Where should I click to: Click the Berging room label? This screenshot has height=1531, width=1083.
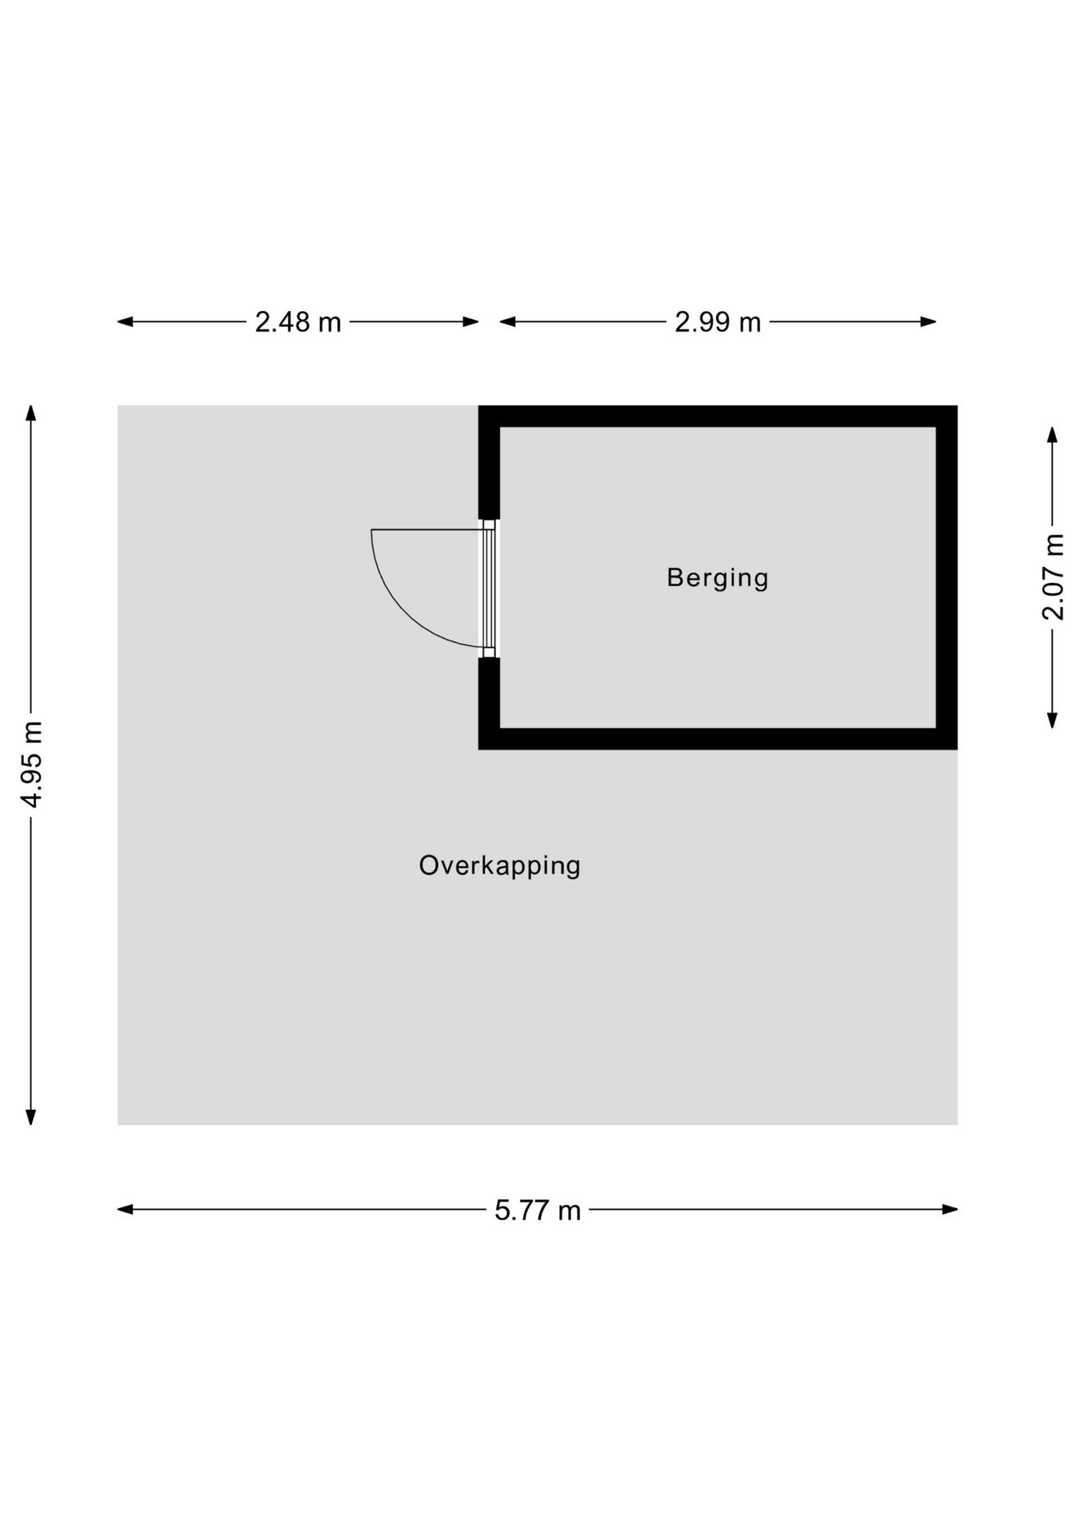click(717, 578)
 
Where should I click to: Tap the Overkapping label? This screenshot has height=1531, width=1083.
click(500, 866)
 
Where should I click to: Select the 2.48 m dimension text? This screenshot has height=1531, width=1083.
click(297, 322)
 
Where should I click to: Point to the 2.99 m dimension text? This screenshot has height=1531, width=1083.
click(718, 322)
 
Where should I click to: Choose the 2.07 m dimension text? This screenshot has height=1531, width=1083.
click(1053, 577)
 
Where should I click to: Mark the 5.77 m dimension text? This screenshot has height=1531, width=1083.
click(538, 1210)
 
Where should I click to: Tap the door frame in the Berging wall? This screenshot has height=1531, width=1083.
click(488, 588)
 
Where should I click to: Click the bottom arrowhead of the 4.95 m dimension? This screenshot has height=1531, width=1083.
click(31, 1116)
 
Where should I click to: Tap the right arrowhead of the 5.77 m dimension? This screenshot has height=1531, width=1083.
click(949, 1209)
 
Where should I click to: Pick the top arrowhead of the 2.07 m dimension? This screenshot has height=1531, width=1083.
click(1053, 435)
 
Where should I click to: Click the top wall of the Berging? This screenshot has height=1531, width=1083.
click(718, 416)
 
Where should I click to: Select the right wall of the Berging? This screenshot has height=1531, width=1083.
click(947, 577)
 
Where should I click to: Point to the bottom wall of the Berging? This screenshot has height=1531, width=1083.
click(718, 738)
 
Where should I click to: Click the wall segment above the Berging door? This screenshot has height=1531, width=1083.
click(489, 462)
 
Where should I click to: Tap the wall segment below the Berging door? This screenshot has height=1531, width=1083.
click(489, 703)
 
